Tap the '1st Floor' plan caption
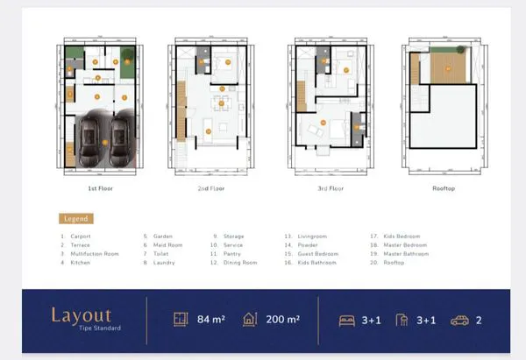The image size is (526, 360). coord(100,188)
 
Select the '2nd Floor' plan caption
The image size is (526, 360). coord(210,188)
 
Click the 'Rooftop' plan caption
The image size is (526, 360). coord(443,188)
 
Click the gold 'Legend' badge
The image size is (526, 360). coord(75,218)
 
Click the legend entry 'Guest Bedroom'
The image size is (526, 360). coord(317,254)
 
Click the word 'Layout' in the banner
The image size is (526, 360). coord(81,314)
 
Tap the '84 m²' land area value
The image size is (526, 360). coord(211,320)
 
